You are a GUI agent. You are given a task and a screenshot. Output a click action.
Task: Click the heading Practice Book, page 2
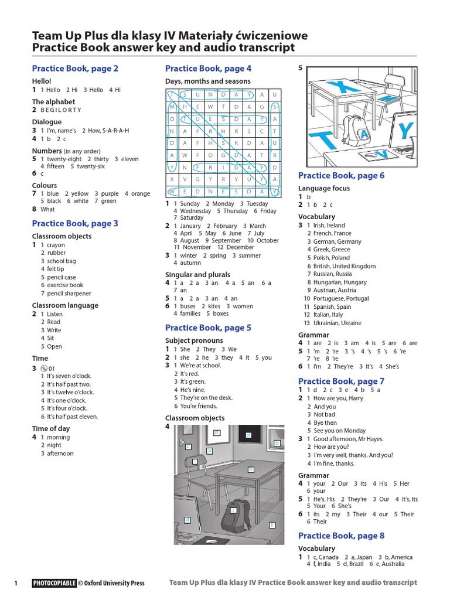pyautogui.click(x=75, y=69)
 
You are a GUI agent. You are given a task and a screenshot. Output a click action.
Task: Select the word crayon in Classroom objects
pyautogui.click(x=56, y=245)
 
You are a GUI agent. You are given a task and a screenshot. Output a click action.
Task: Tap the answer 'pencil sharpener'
pyautogui.click(x=69, y=294)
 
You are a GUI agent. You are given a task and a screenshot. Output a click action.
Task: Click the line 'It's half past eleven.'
pyautogui.click(x=73, y=417)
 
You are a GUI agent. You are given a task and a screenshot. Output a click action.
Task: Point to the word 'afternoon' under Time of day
pyautogui.click(x=60, y=454)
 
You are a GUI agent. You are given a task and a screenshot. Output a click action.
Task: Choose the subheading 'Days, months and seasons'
pyautogui.click(x=208, y=81)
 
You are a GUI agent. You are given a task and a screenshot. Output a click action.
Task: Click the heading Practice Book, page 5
pyautogui.click(x=208, y=328)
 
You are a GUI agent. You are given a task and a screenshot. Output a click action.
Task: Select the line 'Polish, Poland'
pyautogui.click(x=332, y=258)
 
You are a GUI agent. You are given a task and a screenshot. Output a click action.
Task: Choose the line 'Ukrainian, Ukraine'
pyautogui.click(x=337, y=323)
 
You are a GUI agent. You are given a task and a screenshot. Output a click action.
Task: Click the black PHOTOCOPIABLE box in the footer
pyautogui.click(x=54, y=583)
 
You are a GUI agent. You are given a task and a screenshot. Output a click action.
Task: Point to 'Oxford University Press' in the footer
pyautogui.click(x=114, y=583)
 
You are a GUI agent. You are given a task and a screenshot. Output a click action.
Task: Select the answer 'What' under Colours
pyautogui.click(x=47, y=209)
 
